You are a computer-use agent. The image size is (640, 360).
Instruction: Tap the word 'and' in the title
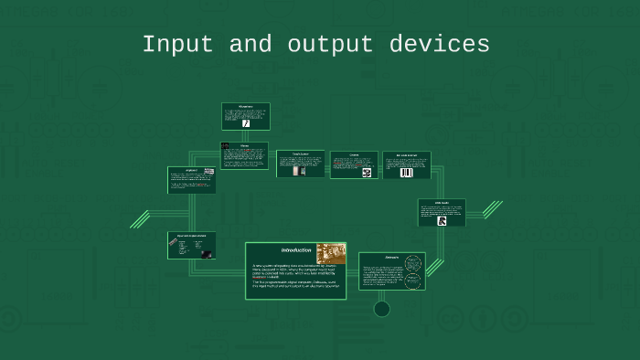pyautogui.click(x=245, y=45)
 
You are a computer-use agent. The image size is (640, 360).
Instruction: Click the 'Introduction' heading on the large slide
pyautogui.click(x=296, y=250)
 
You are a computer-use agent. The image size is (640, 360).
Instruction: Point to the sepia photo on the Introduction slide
pyautogui.click(x=331, y=253)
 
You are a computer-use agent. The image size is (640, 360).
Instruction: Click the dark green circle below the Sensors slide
pyautogui.click(x=382, y=309)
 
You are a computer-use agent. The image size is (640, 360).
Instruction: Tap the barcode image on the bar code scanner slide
pyautogui.click(x=407, y=172)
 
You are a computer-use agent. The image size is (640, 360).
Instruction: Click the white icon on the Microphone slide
pyautogui.click(x=245, y=122)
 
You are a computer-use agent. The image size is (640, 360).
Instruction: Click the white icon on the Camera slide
pyautogui.click(x=367, y=172)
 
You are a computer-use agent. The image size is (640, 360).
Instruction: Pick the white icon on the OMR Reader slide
pyautogui.click(x=442, y=220)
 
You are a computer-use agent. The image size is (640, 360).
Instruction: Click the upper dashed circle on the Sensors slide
pyautogui.click(x=412, y=264)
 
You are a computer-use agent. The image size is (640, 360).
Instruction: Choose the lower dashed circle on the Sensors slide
pyautogui.click(x=412, y=280)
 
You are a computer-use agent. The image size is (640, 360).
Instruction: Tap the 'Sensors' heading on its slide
pyautogui.click(x=391, y=256)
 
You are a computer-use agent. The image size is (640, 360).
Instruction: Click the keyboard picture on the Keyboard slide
pyautogui.click(x=209, y=171)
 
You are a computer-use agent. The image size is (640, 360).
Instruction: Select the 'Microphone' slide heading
pyautogui.click(x=245, y=106)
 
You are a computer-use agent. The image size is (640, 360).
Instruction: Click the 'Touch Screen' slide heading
pyautogui.click(x=301, y=154)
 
